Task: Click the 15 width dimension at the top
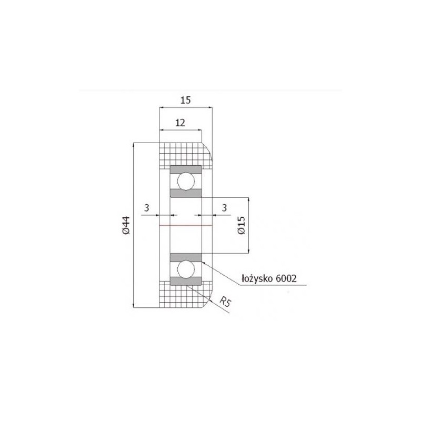186,100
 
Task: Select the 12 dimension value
181,123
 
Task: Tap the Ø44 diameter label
126,225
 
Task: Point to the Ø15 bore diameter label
242,225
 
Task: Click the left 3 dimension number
146,207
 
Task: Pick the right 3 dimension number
225,207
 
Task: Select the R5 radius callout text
225,302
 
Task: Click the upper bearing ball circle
186,182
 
